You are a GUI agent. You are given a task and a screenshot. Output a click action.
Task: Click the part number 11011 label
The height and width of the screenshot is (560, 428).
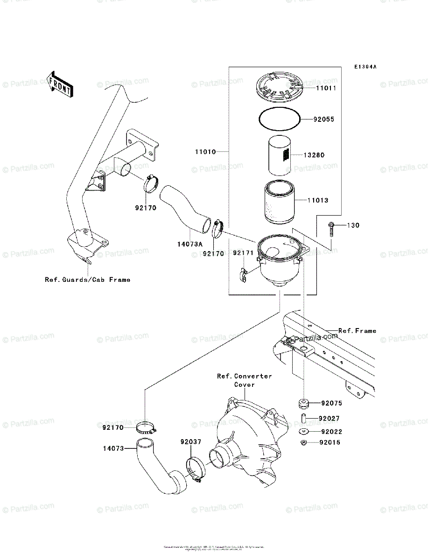coord(326,88)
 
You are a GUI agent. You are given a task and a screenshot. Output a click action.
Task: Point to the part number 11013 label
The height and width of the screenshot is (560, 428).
coord(318,201)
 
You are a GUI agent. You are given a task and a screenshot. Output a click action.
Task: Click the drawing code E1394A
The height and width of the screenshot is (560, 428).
coord(365,67)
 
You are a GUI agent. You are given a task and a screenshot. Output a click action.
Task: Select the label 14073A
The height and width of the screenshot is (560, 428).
coord(189,243)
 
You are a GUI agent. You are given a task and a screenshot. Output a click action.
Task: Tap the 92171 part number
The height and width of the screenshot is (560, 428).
coord(243,253)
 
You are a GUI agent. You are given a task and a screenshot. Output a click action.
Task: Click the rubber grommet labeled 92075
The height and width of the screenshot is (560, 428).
coord(304,402)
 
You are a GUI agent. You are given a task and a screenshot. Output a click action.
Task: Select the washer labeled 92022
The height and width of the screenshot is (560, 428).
coord(303,432)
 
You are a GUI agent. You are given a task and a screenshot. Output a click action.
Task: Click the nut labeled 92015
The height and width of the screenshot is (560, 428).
coord(303,442)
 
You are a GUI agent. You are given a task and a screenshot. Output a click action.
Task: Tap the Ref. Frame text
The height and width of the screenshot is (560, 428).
coord(357,331)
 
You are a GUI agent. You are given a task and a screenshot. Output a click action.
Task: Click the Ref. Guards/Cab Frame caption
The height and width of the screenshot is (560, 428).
coord(87,280)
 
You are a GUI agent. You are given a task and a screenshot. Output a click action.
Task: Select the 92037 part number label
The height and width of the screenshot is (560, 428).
coord(191,441)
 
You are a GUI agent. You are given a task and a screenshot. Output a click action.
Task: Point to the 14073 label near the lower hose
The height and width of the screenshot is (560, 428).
coord(113,448)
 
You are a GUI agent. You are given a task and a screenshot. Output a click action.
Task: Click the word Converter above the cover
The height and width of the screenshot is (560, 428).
coord(253,376)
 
